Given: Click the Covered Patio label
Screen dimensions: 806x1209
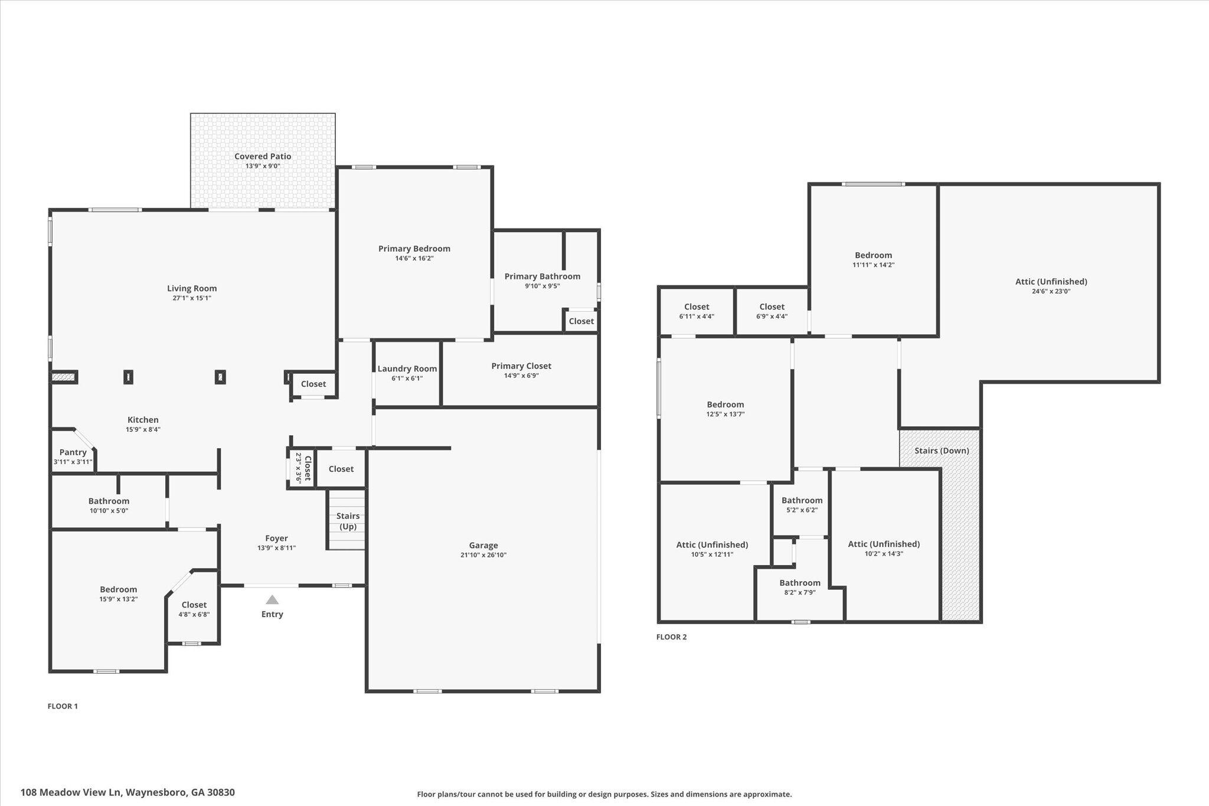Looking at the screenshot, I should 263,156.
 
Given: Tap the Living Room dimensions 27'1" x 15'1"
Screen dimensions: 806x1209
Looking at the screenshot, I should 191,298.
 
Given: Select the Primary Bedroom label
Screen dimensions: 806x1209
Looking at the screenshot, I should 414,249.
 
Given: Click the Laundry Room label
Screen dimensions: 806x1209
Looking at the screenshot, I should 407,368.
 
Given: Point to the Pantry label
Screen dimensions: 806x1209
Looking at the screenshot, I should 73,452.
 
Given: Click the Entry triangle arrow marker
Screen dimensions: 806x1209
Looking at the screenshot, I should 272,600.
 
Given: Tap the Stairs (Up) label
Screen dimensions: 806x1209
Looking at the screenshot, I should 348,521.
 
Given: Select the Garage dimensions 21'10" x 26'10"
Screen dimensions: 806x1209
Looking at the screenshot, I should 483,555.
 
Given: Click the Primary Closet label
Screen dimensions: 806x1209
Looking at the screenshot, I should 521,366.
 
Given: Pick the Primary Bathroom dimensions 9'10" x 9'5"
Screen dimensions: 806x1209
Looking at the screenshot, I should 542,286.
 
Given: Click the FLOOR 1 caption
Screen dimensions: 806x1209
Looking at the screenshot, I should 63,706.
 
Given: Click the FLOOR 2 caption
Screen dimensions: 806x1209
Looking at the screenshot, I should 671,637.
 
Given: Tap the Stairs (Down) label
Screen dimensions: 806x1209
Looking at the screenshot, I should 941,451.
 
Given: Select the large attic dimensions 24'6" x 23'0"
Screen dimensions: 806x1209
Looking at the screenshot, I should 1051,291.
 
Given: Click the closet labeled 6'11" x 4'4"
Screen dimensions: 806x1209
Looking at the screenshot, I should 696,307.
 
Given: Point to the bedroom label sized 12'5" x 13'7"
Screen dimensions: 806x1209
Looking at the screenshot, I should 725,404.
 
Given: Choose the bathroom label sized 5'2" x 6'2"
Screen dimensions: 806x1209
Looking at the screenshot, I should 802,500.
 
